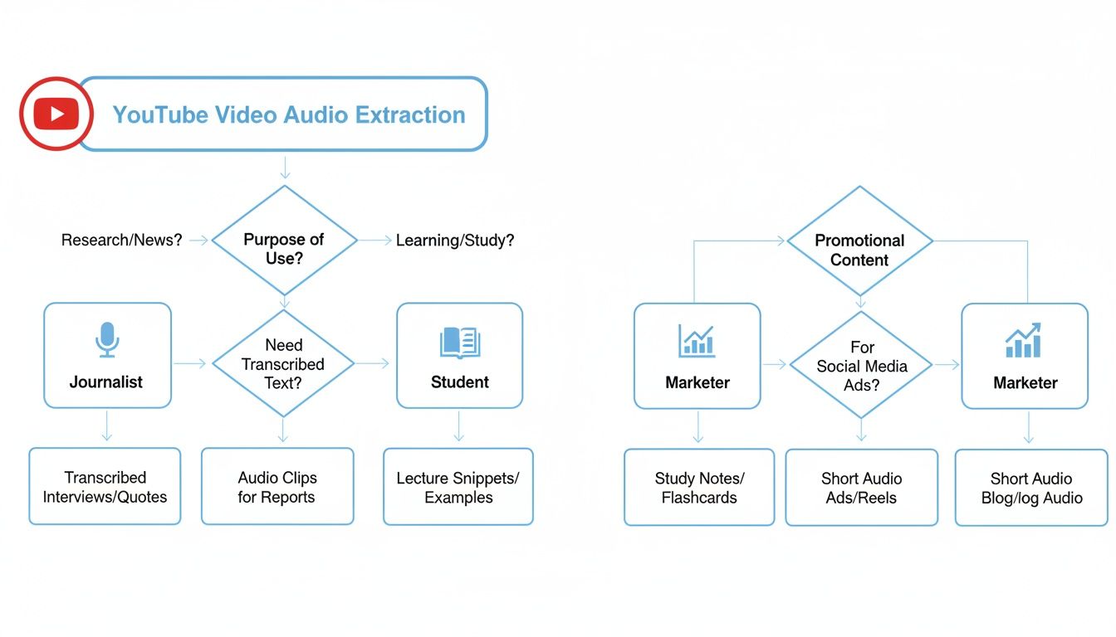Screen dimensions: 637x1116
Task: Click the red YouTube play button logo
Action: point(56,114)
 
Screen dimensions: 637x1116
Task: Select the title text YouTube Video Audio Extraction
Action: point(288,114)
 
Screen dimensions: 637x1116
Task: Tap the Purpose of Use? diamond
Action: point(284,249)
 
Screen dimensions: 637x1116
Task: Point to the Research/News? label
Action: point(121,241)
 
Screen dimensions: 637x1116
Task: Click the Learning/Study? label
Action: point(454,241)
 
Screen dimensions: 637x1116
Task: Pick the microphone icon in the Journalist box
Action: point(106,339)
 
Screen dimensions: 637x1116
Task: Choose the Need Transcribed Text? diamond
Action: point(284,363)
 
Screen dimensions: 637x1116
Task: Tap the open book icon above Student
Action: point(459,342)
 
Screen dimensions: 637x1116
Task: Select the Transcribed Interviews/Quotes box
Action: point(105,487)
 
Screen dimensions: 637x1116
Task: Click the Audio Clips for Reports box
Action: point(277,487)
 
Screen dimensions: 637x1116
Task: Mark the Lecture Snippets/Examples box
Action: point(458,487)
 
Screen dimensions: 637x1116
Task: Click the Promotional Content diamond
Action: point(859,250)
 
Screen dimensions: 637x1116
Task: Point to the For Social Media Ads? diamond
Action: point(861,366)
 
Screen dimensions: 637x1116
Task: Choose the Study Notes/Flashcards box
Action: point(698,488)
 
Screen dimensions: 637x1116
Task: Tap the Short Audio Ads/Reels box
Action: point(861,488)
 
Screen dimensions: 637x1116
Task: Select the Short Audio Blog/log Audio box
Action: point(1030,488)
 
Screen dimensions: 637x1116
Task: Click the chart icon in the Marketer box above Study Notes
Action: point(697,341)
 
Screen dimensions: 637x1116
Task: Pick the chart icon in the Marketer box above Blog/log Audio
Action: point(1025,341)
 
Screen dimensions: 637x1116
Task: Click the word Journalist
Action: point(106,382)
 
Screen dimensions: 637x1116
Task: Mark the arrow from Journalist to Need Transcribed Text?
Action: point(191,363)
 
